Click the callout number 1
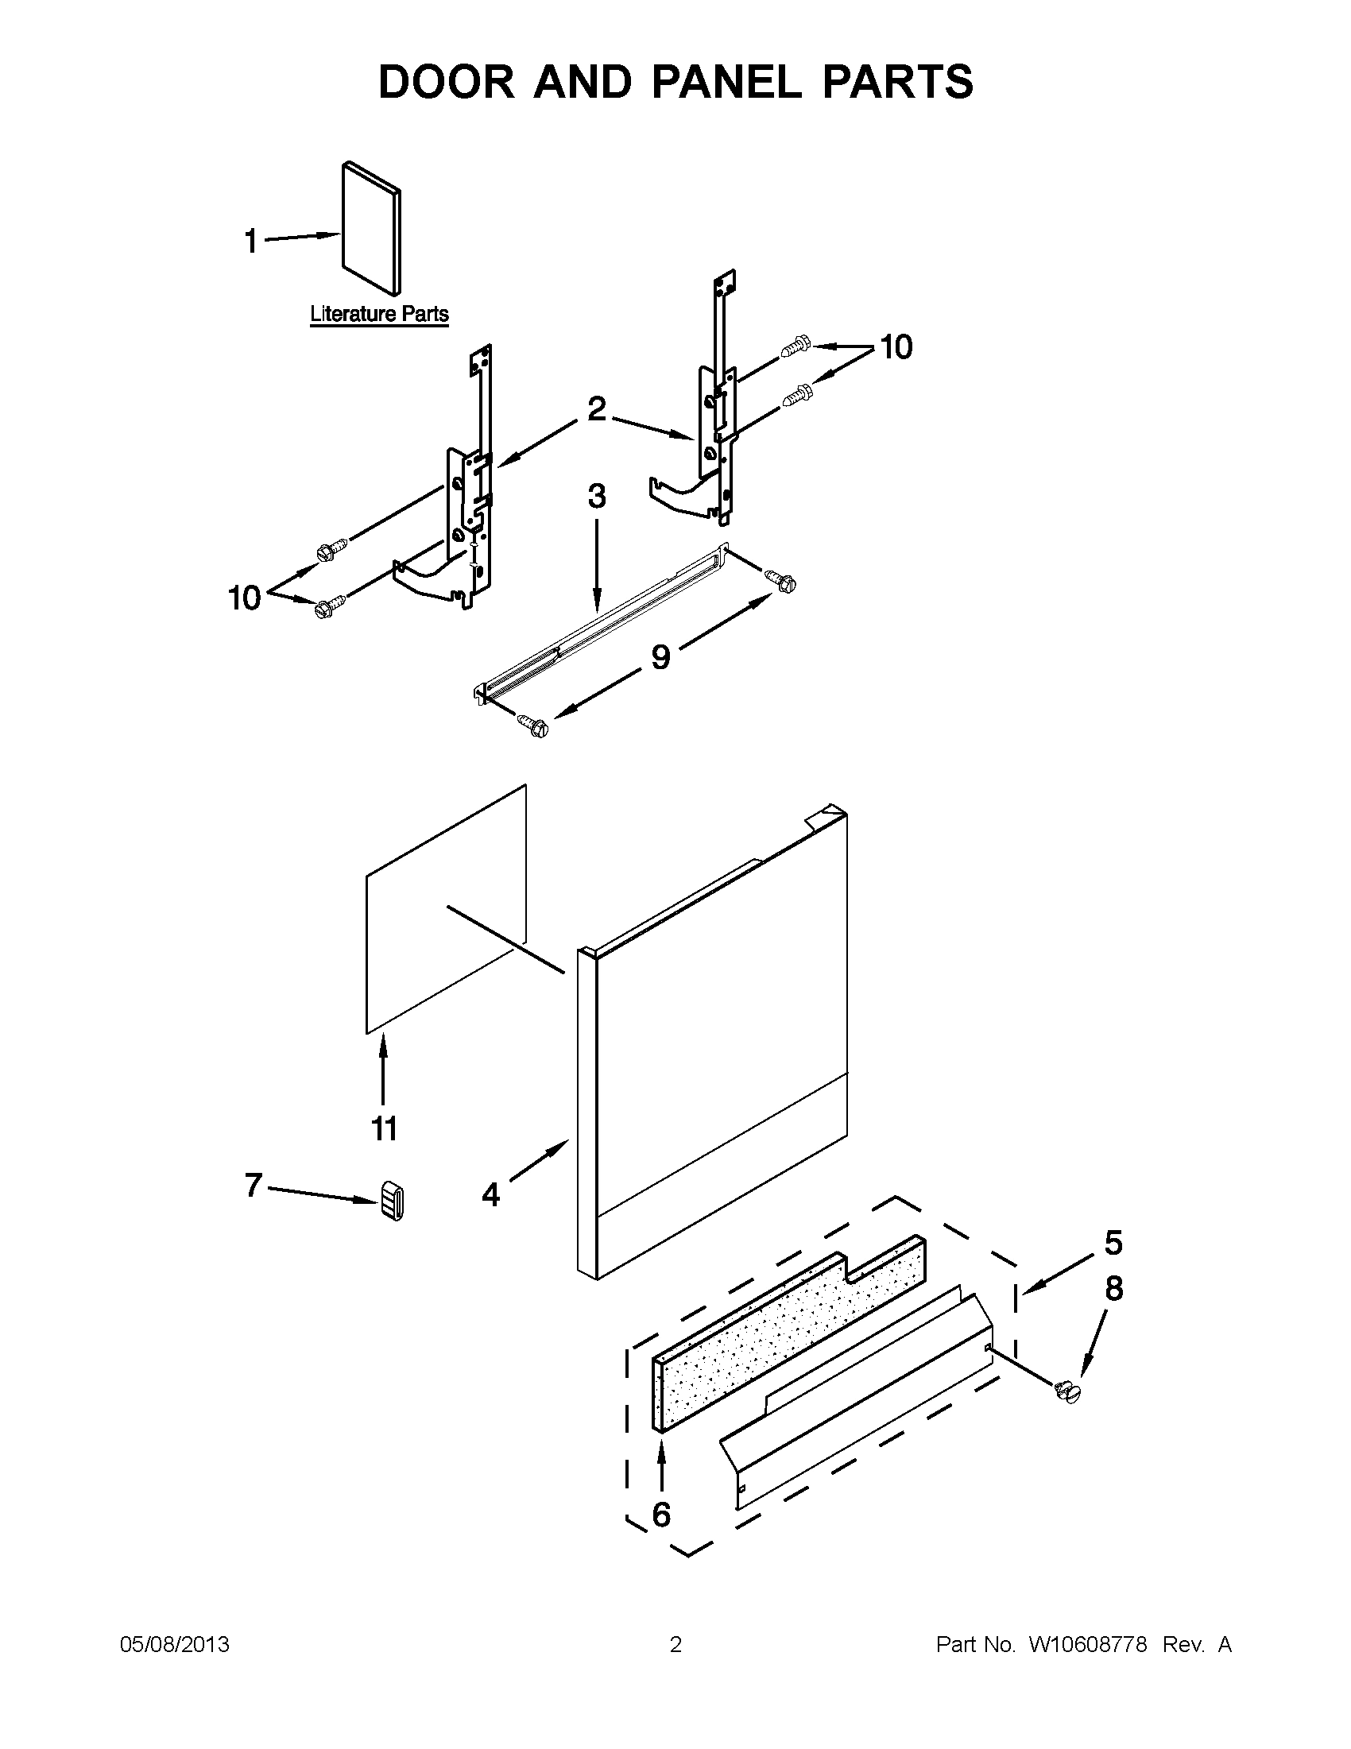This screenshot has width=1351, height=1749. (250, 240)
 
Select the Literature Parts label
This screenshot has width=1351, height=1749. (379, 314)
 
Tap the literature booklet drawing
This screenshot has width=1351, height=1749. (371, 229)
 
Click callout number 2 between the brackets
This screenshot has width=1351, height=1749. (597, 409)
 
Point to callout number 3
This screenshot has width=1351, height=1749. (597, 497)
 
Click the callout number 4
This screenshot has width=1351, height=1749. (491, 1195)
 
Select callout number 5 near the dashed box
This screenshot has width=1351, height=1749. (1113, 1242)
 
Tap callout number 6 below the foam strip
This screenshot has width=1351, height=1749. (661, 1514)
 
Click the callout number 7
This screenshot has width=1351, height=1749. (254, 1185)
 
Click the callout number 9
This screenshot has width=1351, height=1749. (660, 656)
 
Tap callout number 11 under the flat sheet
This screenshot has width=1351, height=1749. (385, 1128)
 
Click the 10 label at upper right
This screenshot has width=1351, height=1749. (896, 346)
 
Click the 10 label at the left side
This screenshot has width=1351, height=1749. (245, 598)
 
